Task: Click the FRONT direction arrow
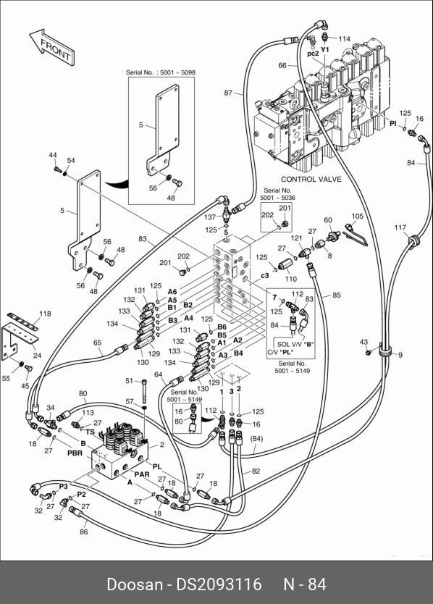point(52,46)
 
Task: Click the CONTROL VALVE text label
point(311,179)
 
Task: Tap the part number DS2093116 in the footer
point(219,584)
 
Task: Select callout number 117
point(400,227)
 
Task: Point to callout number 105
point(358,216)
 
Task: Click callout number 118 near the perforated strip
point(45,314)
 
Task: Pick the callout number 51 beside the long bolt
point(129,381)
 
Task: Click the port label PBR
point(75,453)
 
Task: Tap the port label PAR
point(142,474)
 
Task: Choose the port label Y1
point(325,50)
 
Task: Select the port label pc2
point(313,54)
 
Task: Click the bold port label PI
point(392,123)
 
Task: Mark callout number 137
point(210,217)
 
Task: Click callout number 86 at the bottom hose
point(83,532)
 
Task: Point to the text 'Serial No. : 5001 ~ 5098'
point(161,72)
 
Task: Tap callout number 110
point(291,279)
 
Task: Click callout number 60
point(328,220)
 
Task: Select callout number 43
point(363,342)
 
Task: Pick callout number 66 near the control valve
point(282,65)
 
